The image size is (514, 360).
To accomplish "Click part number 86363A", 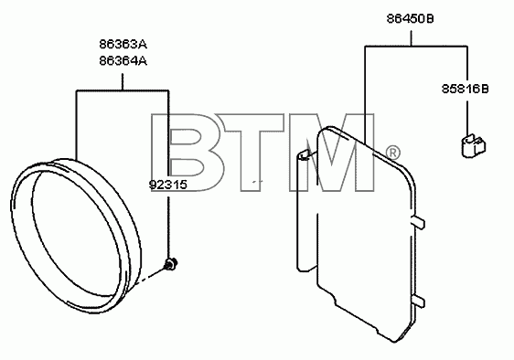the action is (123, 44).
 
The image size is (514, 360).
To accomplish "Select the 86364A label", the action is (123, 61).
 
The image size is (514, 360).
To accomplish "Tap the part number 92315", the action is (168, 185).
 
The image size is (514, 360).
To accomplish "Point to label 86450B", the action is (410, 18).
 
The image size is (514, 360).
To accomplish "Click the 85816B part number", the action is (465, 89).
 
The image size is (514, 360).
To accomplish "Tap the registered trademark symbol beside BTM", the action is (392, 153).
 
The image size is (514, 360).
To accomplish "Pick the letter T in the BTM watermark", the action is (250, 153).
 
